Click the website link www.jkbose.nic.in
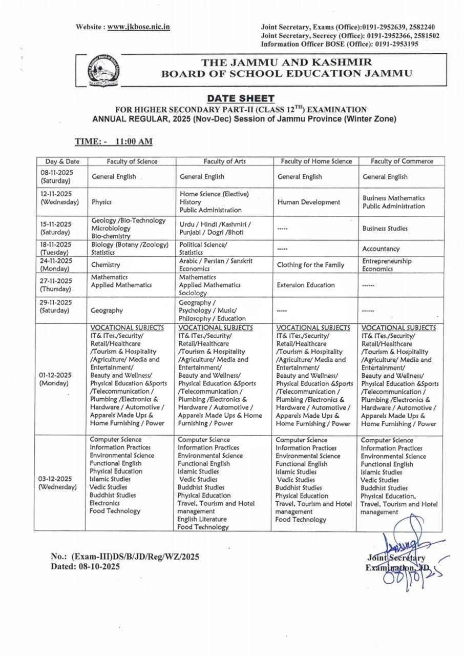138,27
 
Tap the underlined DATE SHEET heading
241,98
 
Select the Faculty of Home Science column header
316,161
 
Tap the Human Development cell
308,202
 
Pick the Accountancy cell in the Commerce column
381,249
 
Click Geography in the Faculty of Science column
107,310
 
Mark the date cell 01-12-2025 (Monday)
56,379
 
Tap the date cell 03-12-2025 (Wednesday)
58,483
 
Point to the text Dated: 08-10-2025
85,566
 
